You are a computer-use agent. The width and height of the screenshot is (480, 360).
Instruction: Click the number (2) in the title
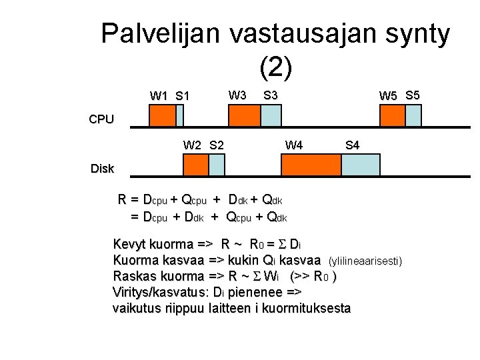(x=275, y=67)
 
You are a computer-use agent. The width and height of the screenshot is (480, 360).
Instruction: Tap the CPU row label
(x=101, y=120)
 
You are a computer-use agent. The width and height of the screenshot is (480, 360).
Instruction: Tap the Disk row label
(x=102, y=169)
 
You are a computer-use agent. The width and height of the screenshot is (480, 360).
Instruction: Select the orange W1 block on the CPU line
(x=161, y=117)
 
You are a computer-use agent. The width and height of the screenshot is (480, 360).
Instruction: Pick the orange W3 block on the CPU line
(x=243, y=117)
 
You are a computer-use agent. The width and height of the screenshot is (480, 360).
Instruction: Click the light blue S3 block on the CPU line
(x=271, y=117)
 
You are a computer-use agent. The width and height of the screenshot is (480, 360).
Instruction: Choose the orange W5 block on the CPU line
(x=392, y=117)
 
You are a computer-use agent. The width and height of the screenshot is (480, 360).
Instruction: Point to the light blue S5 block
(x=413, y=117)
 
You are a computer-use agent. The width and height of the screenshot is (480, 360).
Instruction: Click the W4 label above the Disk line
(x=294, y=145)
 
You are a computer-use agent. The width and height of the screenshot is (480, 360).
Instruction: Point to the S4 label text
(x=353, y=145)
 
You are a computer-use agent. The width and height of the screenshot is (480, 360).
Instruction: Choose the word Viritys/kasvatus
(x=161, y=292)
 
